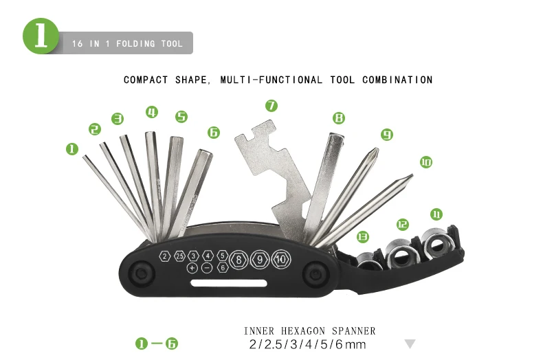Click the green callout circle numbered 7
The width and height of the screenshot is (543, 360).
point(271,105)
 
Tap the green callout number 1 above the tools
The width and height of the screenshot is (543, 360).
point(72,148)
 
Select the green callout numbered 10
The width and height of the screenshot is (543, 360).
point(425,162)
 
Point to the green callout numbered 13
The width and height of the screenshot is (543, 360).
point(362,236)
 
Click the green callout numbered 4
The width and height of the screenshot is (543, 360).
point(151,112)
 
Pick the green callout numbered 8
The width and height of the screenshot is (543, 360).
point(337,118)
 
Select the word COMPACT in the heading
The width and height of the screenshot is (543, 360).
point(145,80)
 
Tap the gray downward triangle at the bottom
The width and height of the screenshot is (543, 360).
point(410,344)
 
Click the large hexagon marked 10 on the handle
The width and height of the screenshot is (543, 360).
point(281,259)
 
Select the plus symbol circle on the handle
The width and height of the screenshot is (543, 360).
point(192,267)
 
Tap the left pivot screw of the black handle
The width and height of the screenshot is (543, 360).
point(142,273)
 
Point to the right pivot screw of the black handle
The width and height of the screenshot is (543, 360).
point(316,273)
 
